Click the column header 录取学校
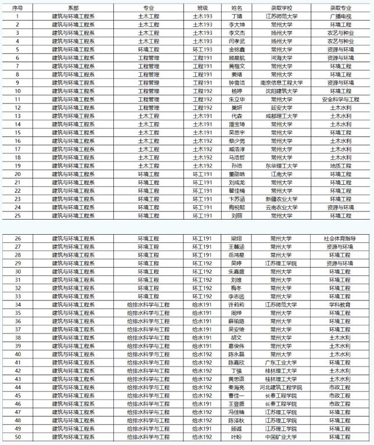280,8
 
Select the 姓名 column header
237,8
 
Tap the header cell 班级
202,8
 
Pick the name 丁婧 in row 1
237,17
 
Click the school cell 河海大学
280,58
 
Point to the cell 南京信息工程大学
280,83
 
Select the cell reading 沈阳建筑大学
280,91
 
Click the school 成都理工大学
280,116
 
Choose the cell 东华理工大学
280,166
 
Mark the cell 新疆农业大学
280,199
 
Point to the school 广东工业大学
280,363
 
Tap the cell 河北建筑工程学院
280,387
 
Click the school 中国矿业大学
280,437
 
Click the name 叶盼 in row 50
237,437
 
